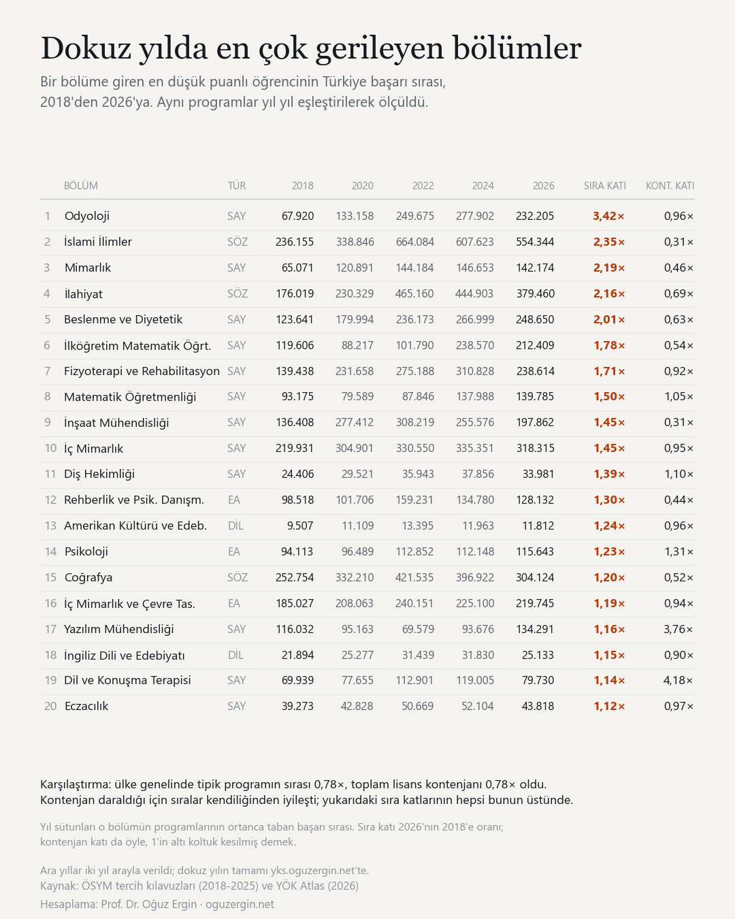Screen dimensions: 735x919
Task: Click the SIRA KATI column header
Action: (605, 186)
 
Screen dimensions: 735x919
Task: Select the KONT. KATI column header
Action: (670, 186)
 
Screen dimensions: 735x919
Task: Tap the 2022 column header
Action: (423, 186)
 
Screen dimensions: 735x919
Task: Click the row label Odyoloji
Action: (86, 216)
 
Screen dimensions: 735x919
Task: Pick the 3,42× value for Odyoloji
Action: (608, 216)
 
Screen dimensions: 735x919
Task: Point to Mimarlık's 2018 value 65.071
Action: (297, 268)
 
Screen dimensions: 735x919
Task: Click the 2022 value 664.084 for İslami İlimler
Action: (414, 242)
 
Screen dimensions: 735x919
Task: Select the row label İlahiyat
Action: (83, 294)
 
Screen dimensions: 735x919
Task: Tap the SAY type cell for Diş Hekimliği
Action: (237, 474)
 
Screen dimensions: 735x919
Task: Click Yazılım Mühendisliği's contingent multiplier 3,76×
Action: (679, 629)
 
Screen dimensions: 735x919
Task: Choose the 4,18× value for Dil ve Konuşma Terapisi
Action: (679, 680)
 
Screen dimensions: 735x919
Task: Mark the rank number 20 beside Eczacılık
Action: (50, 707)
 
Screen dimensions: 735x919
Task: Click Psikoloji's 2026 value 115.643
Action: (535, 552)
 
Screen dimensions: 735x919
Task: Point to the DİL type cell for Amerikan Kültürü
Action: (235, 526)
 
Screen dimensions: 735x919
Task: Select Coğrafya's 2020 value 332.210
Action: (355, 577)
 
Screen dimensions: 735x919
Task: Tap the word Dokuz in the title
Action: (86, 48)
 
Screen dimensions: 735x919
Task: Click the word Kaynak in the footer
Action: (59, 886)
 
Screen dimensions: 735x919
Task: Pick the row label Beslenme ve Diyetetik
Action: (123, 319)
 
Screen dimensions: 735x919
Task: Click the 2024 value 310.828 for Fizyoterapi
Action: (475, 371)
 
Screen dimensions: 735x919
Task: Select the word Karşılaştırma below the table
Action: (76, 784)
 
